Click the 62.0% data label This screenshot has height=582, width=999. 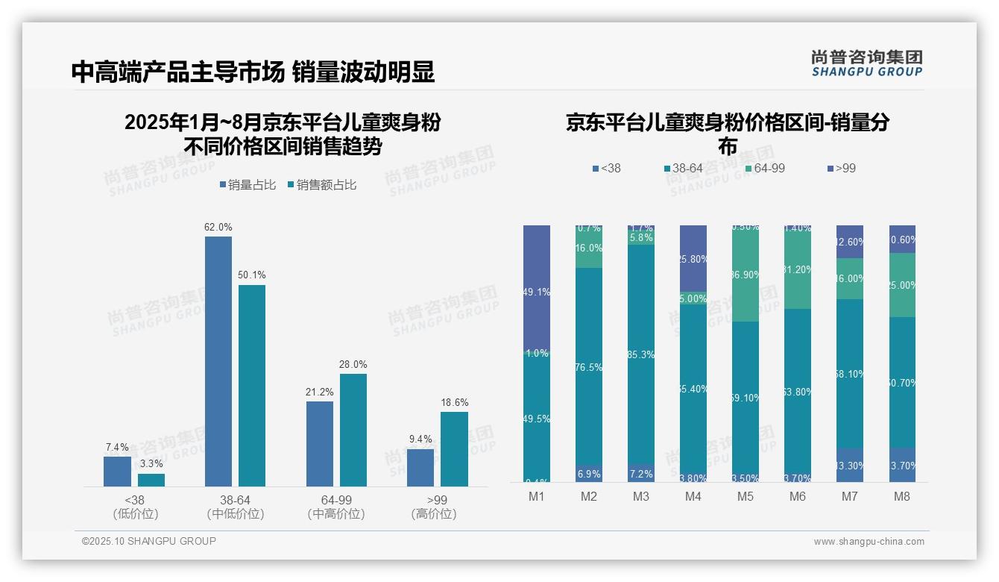218,227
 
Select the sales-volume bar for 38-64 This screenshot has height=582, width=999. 218,362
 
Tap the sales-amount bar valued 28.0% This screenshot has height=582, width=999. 353,431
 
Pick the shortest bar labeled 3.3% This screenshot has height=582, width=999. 151,480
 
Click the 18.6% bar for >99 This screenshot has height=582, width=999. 454,449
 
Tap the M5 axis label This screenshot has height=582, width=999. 746,497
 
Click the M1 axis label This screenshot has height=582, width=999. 537,497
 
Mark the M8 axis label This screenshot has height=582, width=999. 902,497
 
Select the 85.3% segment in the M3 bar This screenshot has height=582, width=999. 641,354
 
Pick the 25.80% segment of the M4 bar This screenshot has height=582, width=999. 693,258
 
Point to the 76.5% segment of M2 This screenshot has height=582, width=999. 589,367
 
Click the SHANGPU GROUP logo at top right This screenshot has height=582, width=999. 866,63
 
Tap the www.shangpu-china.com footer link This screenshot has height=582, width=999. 869,542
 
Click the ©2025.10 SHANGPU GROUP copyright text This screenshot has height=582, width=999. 149,542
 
